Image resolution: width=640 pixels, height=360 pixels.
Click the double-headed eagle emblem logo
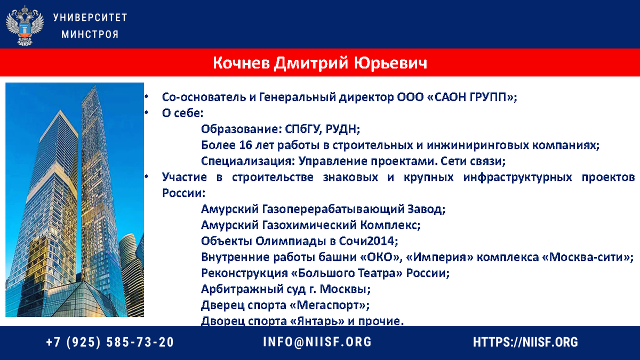pos(25,25)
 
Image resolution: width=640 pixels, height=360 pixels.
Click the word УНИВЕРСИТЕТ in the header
pos(90,17)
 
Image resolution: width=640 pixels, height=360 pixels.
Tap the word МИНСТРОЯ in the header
pos(90,34)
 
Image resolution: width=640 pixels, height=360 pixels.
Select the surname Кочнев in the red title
pos(242,63)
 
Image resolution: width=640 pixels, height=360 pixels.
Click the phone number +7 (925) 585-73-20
pos(110,342)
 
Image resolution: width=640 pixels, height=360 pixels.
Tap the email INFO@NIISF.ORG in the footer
pos(317,342)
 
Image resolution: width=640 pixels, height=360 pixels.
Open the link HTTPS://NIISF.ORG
pos(525,342)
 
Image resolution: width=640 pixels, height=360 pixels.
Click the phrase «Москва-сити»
pos(587,257)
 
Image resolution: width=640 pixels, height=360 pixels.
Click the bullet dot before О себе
pos(145,113)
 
